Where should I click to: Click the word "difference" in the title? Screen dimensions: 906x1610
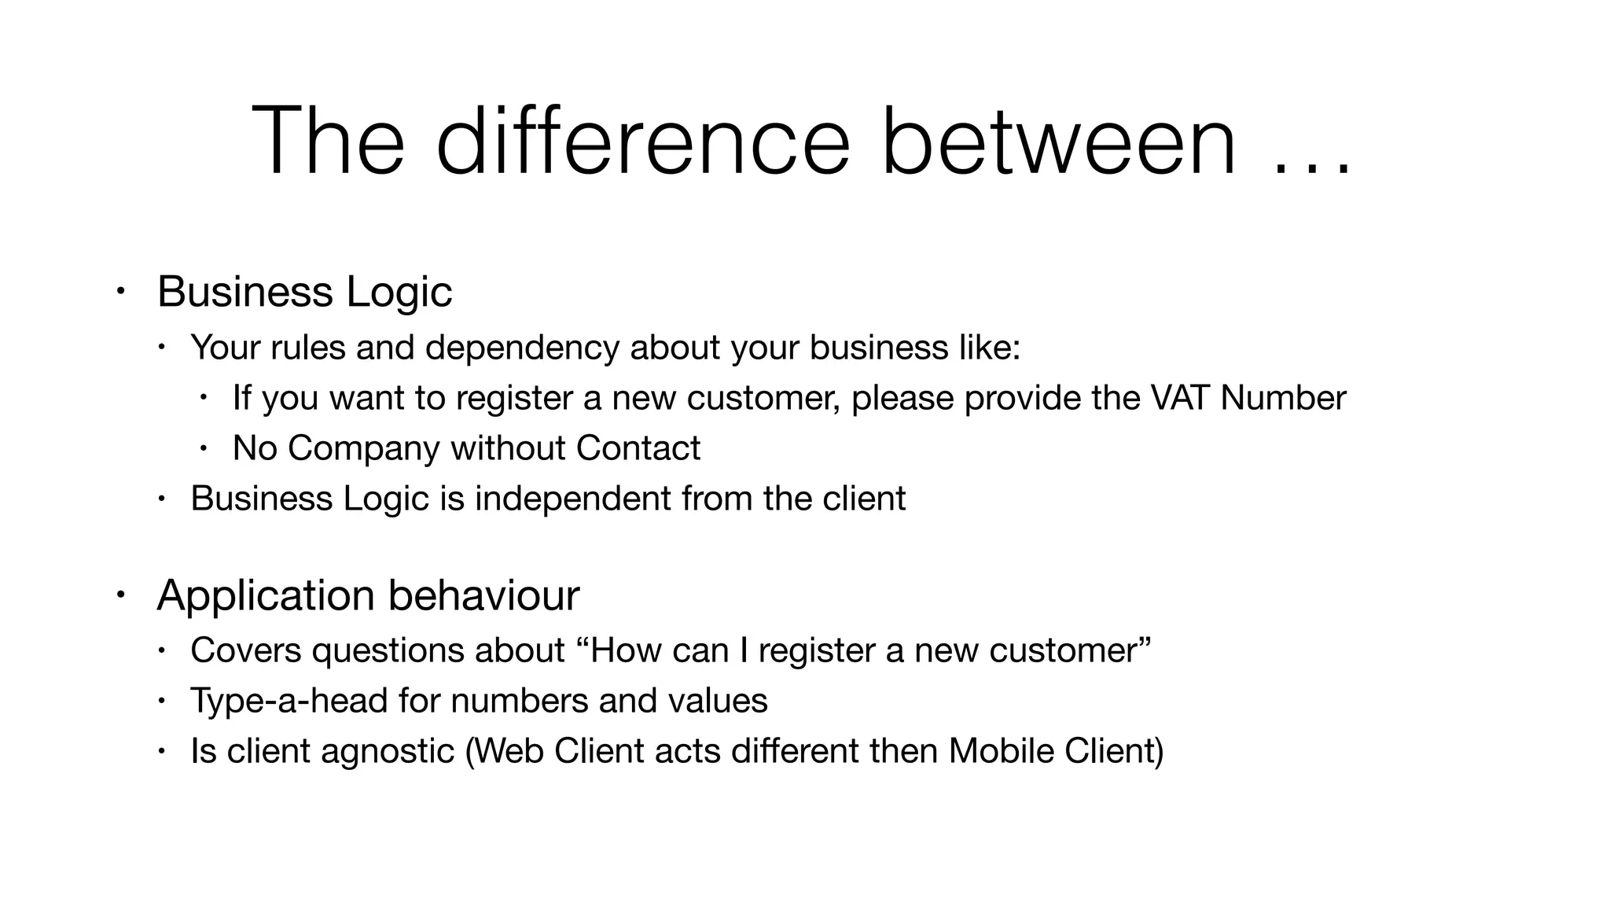click(x=642, y=142)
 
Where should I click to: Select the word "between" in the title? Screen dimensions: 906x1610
click(x=1058, y=142)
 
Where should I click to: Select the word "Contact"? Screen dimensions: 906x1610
click(x=638, y=448)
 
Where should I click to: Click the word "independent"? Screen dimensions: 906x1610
click(x=572, y=499)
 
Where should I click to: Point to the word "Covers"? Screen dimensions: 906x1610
click(x=245, y=650)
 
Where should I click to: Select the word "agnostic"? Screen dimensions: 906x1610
click(x=388, y=751)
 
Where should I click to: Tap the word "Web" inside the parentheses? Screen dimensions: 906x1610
click(x=509, y=751)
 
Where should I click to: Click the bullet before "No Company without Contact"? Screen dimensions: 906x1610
click(x=203, y=448)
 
